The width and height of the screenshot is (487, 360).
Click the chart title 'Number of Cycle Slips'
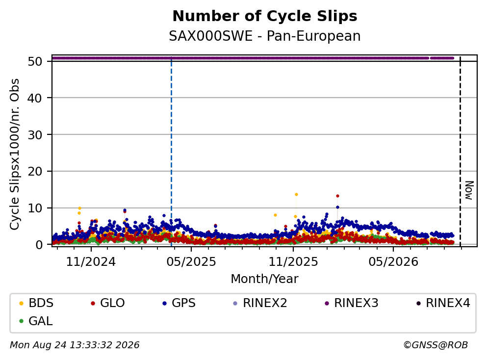point(265,16)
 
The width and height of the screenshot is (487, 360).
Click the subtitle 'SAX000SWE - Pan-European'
point(265,36)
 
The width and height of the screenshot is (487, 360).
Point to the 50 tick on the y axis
point(35,61)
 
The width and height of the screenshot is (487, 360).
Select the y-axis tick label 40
point(35,98)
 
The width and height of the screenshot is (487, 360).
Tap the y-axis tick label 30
point(35,135)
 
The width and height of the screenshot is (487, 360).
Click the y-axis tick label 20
point(35,172)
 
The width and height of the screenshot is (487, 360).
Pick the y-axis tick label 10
point(35,208)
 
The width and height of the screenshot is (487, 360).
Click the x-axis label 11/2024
point(91,262)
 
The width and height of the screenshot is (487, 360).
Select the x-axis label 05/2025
point(191,262)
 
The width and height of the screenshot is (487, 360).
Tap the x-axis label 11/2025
point(293,262)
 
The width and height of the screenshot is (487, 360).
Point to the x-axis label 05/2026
point(393,262)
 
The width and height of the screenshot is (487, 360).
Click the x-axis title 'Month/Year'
point(264,279)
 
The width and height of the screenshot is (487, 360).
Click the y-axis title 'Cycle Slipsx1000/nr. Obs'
point(14,154)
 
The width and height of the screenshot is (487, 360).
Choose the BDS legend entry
point(36,303)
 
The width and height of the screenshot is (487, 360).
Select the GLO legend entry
point(107,303)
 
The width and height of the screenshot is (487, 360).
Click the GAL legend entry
point(36,321)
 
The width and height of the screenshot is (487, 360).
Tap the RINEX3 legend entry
point(352,303)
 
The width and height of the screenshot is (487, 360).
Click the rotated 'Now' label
point(469,190)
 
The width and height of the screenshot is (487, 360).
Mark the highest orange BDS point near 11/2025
point(296,194)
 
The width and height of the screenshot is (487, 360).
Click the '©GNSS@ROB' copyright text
point(436,345)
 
